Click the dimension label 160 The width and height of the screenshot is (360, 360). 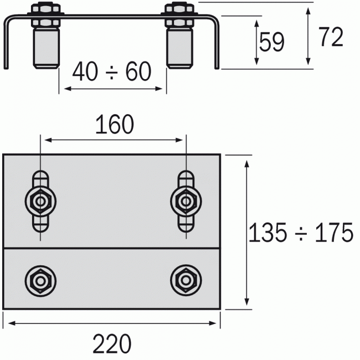click(x=115, y=125)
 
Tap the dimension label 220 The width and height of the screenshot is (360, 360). click(x=112, y=344)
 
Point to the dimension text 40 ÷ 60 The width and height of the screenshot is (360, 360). click(x=112, y=72)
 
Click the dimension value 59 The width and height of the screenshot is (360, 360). click(x=272, y=43)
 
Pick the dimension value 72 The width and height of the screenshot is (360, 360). click(x=331, y=37)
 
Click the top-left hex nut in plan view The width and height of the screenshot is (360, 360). click(x=40, y=200)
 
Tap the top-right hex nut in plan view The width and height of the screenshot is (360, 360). click(x=185, y=200)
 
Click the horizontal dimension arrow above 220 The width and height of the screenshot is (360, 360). click(x=112, y=323)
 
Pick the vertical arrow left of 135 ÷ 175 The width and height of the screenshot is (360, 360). click(x=246, y=232)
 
